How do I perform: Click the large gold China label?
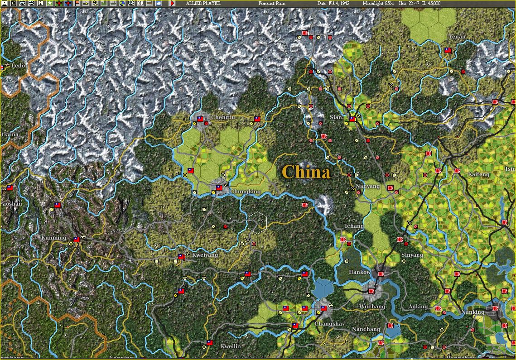[x=306, y=172]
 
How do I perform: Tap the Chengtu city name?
[x=223, y=117]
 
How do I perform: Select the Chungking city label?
[x=245, y=192]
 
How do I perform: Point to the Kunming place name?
[x=53, y=238]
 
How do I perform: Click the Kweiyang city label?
[x=205, y=255]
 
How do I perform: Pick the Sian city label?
[x=336, y=117]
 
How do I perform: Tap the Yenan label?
[x=457, y=37]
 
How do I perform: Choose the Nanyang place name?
[x=367, y=186]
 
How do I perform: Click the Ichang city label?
[x=354, y=226]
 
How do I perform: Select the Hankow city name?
[x=360, y=272]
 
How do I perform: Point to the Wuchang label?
[x=371, y=307]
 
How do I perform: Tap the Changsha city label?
[x=328, y=324]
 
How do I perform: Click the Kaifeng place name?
[x=478, y=174]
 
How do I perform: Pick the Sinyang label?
[x=412, y=255]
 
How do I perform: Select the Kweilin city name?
[x=231, y=346]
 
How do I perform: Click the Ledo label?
[x=18, y=66]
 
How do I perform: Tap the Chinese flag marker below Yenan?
[x=448, y=51]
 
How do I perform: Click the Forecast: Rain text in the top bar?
[x=272, y=3]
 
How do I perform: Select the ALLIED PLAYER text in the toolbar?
[x=203, y=3]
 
